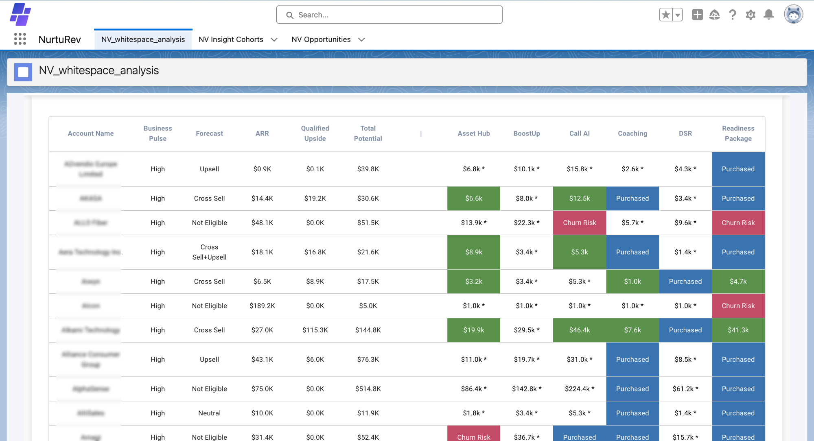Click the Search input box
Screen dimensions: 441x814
pyautogui.click(x=389, y=15)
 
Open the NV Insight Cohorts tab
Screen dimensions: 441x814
pyautogui.click(x=231, y=39)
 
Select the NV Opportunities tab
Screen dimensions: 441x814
pyautogui.click(x=321, y=39)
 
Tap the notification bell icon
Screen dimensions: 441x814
pyautogui.click(x=768, y=15)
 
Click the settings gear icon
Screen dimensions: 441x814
pyautogui.click(x=750, y=15)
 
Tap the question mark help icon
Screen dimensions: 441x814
pyautogui.click(x=732, y=15)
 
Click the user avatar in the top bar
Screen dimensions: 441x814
pyautogui.click(x=793, y=15)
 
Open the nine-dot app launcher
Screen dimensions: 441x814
pyautogui.click(x=20, y=39)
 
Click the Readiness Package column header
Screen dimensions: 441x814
pyautogui.click(x=738, y=133)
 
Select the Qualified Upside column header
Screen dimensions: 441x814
pyautogui.click(x=315, y=133)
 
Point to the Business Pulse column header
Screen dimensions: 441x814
pyautogui.click(x=158, y=133)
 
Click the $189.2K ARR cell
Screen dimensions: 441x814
pyautogui.click(x=262, y=306)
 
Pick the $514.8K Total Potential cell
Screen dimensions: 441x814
pyautogui.click(x=368, y=389)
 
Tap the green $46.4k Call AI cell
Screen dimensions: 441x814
pyautogui.click(x=579, y=330)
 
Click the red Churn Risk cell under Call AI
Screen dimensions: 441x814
pyautogui.click(x=579, y=223)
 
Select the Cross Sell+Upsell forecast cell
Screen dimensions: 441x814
pyautogui.click(x=209, y=252)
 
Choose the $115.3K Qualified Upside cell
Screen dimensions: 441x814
pyautogui.click(x=315, y=330)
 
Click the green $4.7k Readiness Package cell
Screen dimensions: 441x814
pyautogui.click(x=738, y=282)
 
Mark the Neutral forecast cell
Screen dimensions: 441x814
pyautogui.click(x=209, y=413)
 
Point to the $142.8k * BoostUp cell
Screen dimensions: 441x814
pyautogui.click(x=526, y=389)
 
